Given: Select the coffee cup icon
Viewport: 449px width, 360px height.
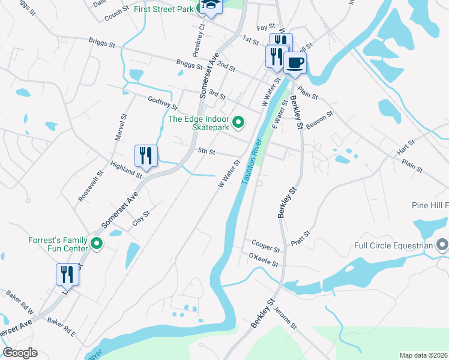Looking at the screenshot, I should tap(294, 62).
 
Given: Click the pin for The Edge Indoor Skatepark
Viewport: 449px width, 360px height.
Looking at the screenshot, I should tap(238, 123).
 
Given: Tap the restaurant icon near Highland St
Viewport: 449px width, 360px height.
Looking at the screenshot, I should tap(146, 156).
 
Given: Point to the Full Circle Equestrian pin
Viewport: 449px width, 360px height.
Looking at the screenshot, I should tap(442, 245).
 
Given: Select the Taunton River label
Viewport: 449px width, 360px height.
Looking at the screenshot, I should tap(252, 163).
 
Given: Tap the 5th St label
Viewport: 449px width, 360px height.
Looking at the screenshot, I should tap(206, 152).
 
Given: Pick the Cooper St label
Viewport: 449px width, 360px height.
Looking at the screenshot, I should tap(266, 246).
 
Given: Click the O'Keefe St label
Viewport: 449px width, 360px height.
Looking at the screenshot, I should tap(264, 260).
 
